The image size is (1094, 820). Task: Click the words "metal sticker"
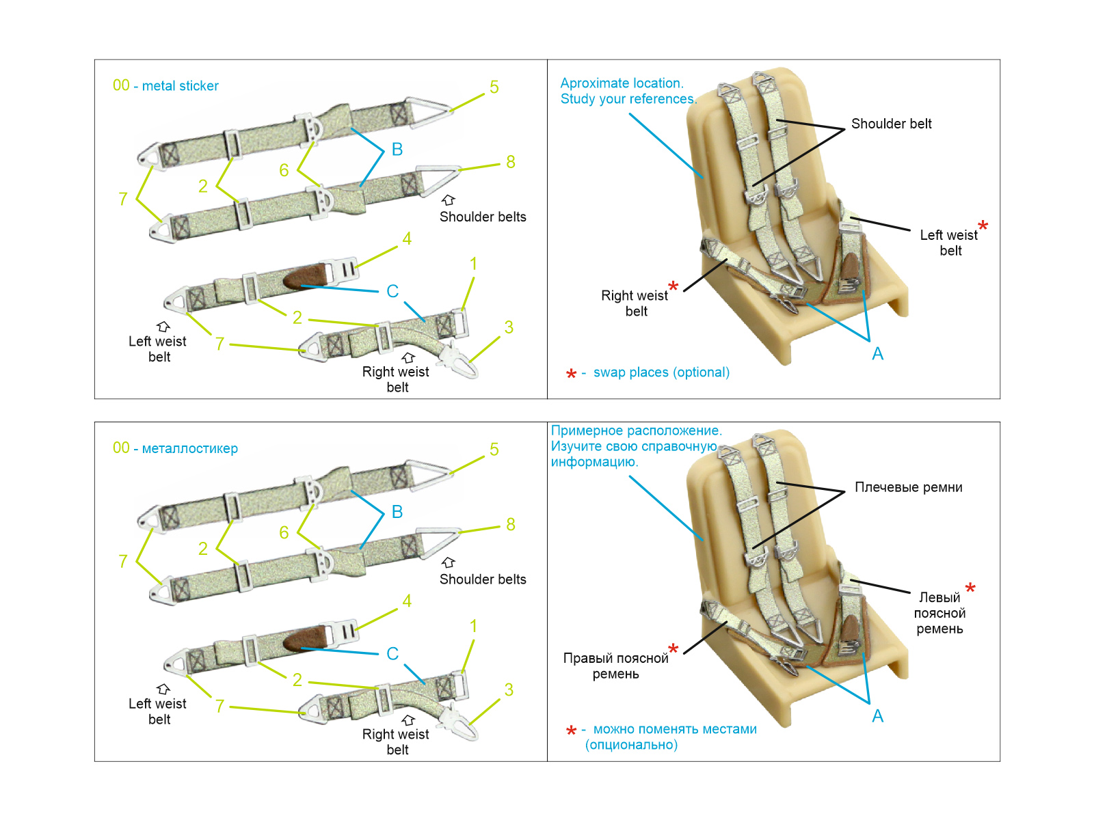[180, 86]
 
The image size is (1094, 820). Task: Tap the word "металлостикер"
[189, 449]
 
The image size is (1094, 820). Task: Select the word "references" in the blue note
[661, 99]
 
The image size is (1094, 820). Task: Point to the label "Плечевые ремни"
[908, 487]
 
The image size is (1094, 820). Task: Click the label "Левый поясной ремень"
[939, 613]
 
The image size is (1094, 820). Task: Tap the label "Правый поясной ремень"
[615, 666]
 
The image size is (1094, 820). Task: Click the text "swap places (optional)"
[661, 372]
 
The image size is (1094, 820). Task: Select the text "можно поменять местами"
[675, 729]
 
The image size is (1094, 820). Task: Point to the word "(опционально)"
[631, 745]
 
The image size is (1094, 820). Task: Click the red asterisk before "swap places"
[571, 374]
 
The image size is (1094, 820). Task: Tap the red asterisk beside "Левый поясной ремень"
[970, 588]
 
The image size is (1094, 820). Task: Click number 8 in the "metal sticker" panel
[511, 162]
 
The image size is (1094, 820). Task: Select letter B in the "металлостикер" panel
[397, 512]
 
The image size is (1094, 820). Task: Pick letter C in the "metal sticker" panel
[392, 291]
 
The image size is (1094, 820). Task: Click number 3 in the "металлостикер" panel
[509, 689]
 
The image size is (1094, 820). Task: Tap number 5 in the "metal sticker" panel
[494, 87]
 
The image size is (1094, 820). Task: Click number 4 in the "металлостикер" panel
[407, 601]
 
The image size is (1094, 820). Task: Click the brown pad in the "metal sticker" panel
[306, 277]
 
